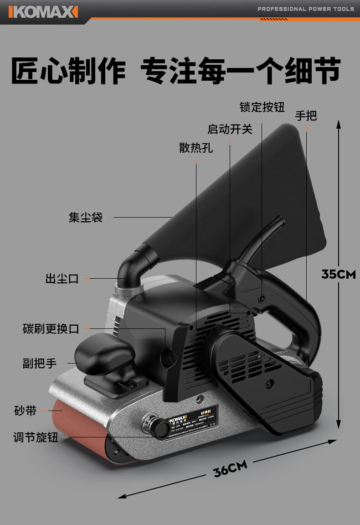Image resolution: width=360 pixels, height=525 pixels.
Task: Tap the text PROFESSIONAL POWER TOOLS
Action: [x=305, y=9]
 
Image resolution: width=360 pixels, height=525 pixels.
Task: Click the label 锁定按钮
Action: [x=262, y=107]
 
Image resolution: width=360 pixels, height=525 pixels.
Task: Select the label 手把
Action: [x=306, y=116]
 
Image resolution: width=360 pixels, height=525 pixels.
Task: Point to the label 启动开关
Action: [x=230, y=129]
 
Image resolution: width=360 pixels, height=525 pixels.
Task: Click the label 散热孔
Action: [x=196, y=148]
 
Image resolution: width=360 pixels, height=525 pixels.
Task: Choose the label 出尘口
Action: [x=62, y=278]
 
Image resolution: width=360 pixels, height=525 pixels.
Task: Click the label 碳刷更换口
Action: [x=51, y=328]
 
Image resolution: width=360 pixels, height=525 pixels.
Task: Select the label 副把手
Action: [x=40, y=364]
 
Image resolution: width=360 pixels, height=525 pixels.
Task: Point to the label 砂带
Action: [x=25, y=411]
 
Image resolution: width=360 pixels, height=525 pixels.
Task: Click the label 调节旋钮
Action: [x=36, y=437]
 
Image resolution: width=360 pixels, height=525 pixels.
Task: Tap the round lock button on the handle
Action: [x=262, y=298]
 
